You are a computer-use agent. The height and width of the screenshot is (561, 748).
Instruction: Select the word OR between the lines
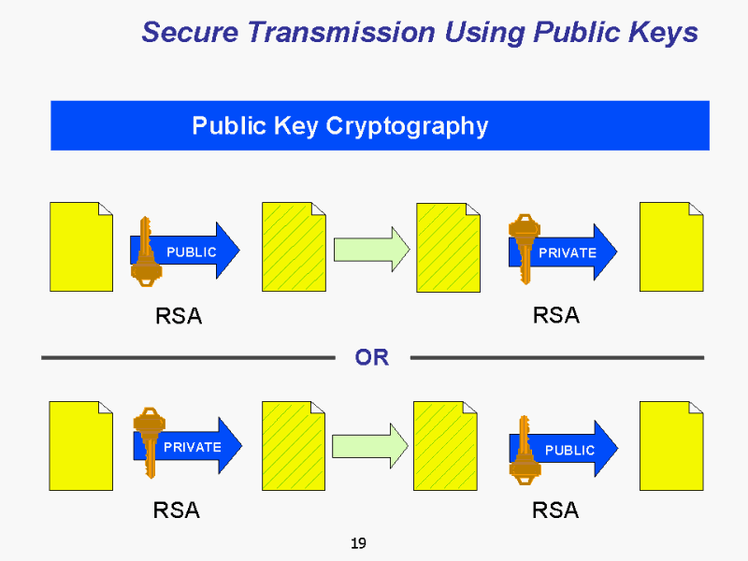371,357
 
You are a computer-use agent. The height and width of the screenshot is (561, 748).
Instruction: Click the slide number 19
357,543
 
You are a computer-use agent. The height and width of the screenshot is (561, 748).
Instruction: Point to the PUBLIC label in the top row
191,252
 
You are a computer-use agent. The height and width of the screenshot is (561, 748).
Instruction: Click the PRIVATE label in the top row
567,252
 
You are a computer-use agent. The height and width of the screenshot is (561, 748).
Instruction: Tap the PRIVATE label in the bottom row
192,447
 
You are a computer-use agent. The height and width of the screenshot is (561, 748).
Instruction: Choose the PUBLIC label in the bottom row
569,450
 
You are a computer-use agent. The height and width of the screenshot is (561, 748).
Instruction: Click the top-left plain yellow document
80,247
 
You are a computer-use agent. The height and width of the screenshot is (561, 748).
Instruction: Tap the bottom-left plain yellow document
80,446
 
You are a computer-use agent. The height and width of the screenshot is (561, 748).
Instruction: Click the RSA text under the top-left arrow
178,316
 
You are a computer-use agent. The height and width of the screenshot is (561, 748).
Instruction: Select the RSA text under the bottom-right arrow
555,511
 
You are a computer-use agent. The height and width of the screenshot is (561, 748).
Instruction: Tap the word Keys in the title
664,33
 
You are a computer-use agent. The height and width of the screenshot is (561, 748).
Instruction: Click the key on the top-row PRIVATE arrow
523,245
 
